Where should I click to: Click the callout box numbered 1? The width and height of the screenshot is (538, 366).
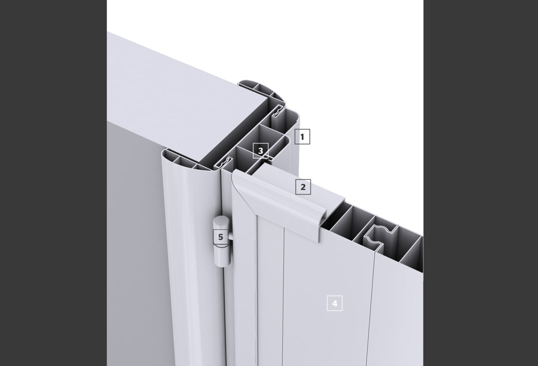pos(302,137)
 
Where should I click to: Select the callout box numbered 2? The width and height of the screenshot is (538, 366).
pos(303,187)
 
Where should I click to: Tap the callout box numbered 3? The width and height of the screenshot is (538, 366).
pos(260,150)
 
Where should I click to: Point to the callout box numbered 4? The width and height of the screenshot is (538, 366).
pos(334,303)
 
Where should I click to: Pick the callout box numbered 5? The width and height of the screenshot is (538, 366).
pos(220,237)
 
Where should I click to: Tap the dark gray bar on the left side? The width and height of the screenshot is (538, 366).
pos(53,183)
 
